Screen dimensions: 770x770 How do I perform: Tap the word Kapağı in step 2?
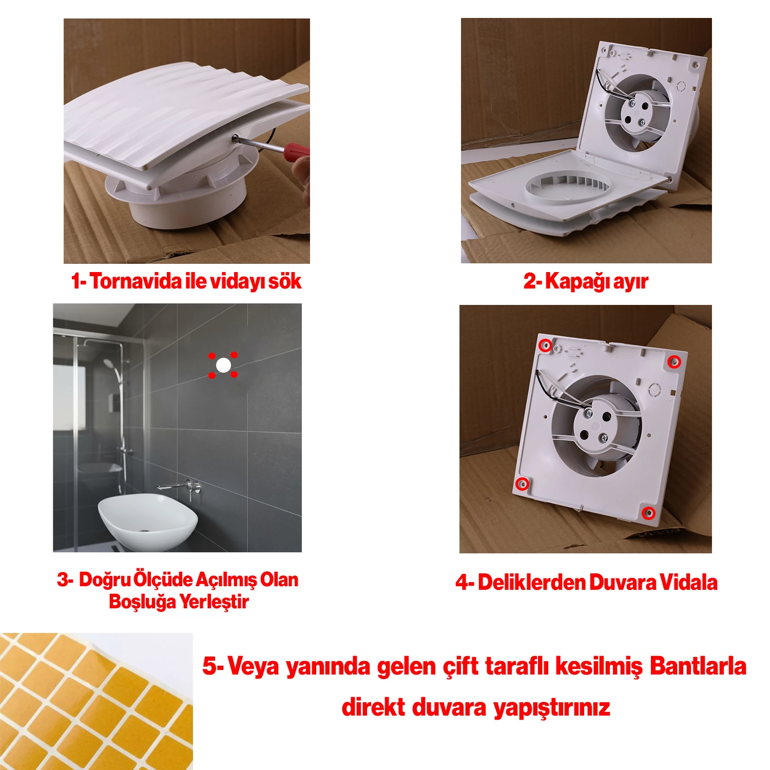(x=577, y=281)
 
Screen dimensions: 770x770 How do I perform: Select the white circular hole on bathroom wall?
(x=223, y=365)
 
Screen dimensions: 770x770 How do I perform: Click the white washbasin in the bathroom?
(x=148, y=518)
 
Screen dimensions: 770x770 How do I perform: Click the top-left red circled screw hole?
(x=546, y=345)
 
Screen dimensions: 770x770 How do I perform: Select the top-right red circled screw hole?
(x=675, y=362)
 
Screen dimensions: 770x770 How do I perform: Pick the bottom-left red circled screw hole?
(x=522, y=484)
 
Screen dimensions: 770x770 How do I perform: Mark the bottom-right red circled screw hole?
(x=649, y=513)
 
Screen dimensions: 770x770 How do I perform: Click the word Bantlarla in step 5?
(x=698, y=666)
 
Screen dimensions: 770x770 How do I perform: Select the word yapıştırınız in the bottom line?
(x=551, y=707)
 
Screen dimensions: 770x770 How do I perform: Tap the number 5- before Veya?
(x=213, y=666)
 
